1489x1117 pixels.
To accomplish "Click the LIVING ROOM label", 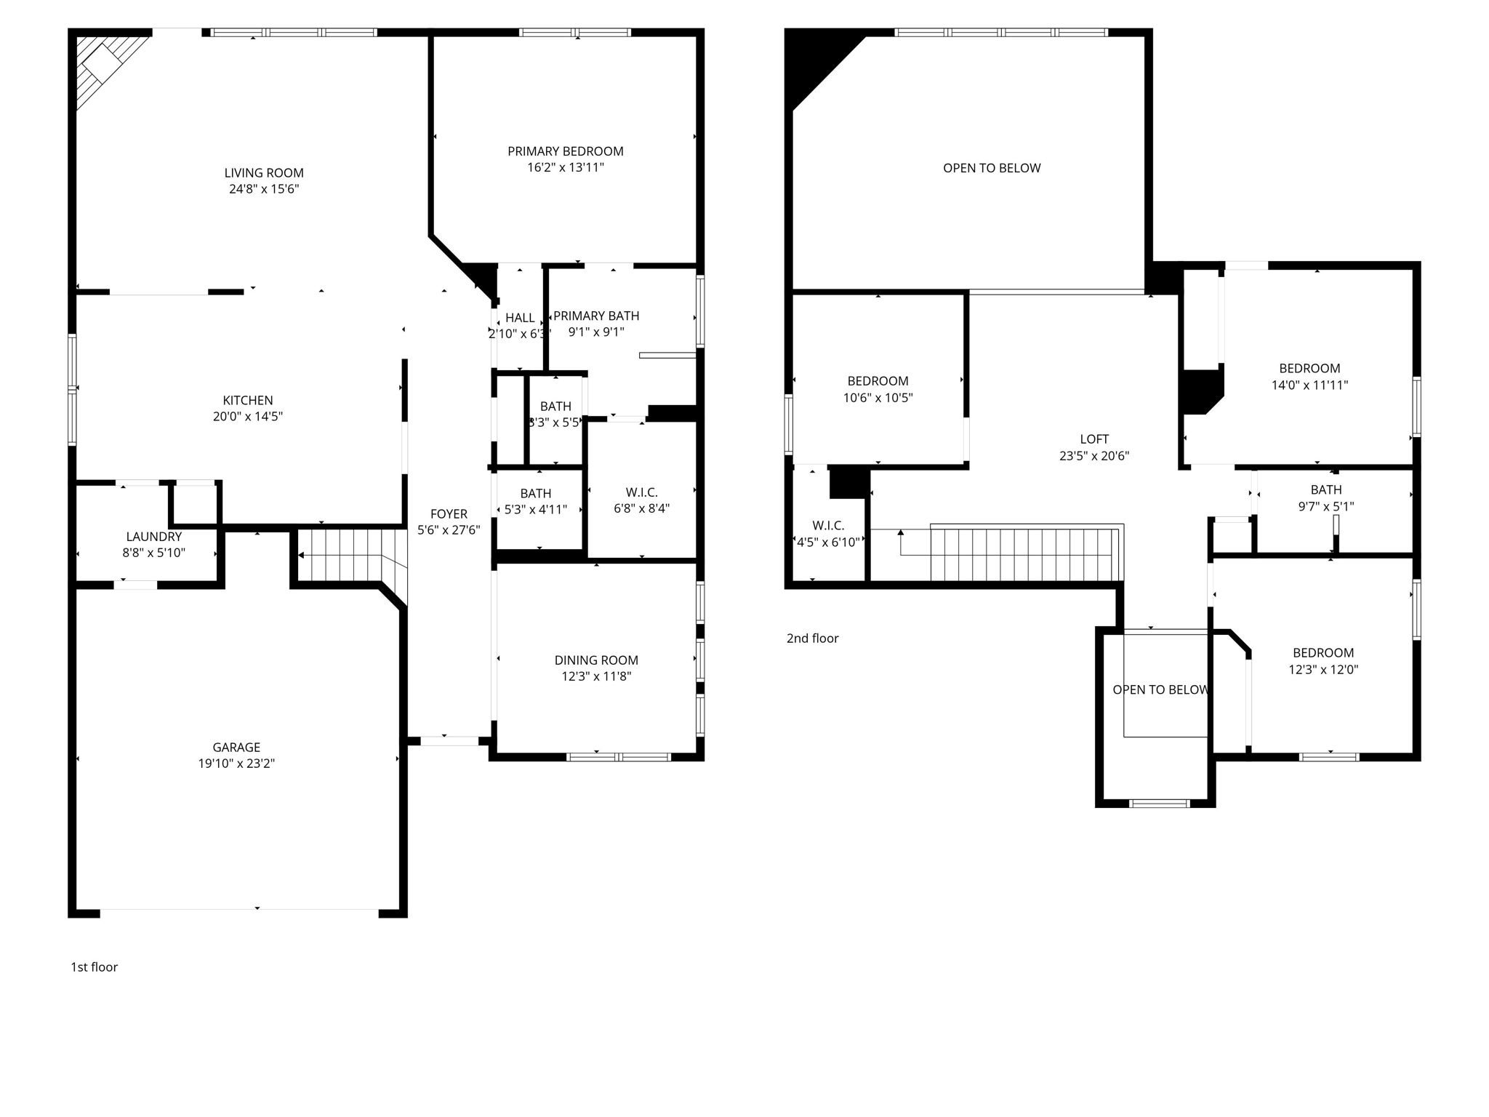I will (263, 173).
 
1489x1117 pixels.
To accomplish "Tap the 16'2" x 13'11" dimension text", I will (565, 168).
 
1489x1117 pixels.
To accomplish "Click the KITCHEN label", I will (248, 401).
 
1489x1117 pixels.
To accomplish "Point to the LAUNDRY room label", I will (153, 537).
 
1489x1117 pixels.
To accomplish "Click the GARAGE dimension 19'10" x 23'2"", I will (236, 764).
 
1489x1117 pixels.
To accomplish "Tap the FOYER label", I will (449, 514).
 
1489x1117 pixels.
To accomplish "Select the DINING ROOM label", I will (596, 660).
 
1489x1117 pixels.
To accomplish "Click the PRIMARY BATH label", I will (596, 316).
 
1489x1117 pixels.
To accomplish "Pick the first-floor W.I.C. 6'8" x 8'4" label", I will (641, 500).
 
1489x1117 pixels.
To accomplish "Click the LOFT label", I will (1093, 439).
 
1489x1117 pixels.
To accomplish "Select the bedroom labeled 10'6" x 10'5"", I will (878, 389).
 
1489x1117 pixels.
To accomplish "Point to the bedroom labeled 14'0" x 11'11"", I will (1309, 377).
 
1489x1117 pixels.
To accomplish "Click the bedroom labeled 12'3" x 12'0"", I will (1323, 661).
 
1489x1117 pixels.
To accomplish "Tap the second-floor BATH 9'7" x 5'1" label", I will (1325, 498).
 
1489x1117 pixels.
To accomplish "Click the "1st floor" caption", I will (94, 967).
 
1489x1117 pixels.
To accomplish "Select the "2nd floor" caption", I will (812, 638).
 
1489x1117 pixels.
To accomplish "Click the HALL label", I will (520, 318).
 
